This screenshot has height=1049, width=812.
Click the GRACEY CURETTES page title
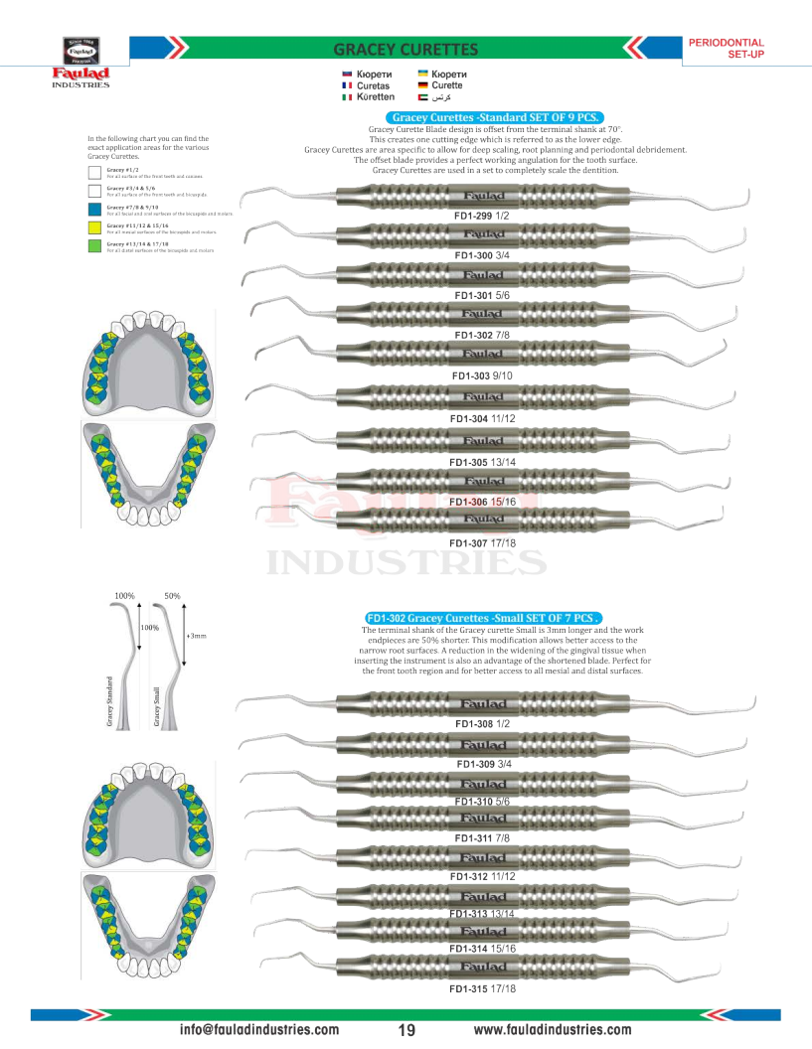click(x=406, y=50)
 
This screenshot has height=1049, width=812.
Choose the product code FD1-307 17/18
click(x=482, y=543)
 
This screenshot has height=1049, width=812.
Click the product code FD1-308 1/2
click(x=482, y=724)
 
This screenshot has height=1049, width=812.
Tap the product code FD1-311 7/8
click(x=482, y=838)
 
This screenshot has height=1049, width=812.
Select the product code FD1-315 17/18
click(x=482, y=988)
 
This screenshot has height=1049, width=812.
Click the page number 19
click(x=406, y=1030)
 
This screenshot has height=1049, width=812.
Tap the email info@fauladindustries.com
click(x=258, y=1030)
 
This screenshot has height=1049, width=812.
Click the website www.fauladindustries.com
click(x=553, y=1030)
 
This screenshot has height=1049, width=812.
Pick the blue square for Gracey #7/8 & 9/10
click(x=93, y=210)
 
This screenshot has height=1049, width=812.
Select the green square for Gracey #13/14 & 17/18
click(x=93, y=245)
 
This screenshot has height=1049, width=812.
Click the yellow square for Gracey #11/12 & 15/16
click(x=93, y=227)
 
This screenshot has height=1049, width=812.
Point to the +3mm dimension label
click(x=196, y=634)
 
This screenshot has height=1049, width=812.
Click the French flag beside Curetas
click(x=347, y=86)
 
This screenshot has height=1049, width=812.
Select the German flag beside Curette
click(x=422, y=86)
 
